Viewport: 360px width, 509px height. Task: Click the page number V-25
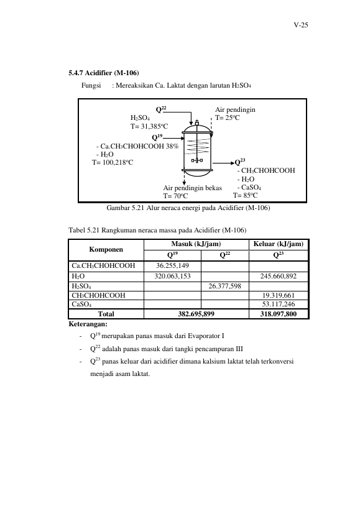pyautogui.click(x=300, y=25)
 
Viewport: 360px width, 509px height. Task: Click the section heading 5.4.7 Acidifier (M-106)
pyautogui.click(x=104, y=73)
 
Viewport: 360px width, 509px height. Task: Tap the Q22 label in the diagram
pyautogui.click(x=161, y=109)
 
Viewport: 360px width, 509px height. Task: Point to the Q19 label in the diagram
pyautogui.click(x=157, y=137)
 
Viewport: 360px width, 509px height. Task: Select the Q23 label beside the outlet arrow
pyautogui.click(x=240, y=162)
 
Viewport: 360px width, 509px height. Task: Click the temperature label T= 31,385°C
pyautogui.click(x=149, y=126)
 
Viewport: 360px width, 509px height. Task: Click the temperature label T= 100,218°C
pyautogui.click(x=113, y=162)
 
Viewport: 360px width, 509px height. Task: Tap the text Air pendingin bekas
pyautogui.click(x=193, y=188)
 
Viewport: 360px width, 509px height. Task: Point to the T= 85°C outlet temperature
pyautogui.click(x=245, y=195)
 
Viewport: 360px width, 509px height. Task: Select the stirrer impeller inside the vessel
pyautogui.click(x=196, y=160)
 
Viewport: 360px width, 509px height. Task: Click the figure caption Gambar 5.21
pyautogui.click(x=188, y=208)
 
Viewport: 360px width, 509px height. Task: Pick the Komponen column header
pyautogui.click(x=106, y=249)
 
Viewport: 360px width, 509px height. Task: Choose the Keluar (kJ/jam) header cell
pyautogui.click(x=278, y=244)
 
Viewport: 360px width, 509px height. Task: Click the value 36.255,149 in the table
pyautogui.click(x=172, y=265)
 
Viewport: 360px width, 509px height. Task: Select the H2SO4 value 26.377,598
pyautogui.click(x=224, y=286)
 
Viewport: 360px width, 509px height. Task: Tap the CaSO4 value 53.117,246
pyautogui.click(x=279, y=304)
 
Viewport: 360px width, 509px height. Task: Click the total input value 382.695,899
pyautogui.click(x=196, y=314)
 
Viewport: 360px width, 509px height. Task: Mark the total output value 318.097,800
pyautogui.click(x=278, y=314)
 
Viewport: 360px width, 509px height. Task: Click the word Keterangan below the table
pyautogui.click(x=88, y=324)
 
